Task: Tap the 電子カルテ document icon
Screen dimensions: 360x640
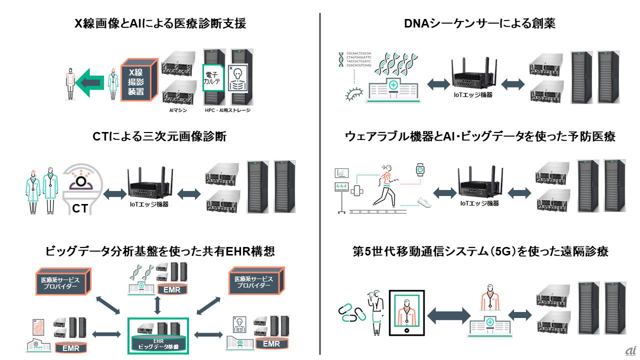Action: (x=214, y=78)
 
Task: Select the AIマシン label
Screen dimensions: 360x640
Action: (x=177, y=110)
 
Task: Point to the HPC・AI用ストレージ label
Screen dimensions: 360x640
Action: (x=227, y=110)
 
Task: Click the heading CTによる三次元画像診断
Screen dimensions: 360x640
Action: (x=159, y=136)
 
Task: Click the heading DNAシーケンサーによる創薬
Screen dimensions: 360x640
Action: (x=479, y=23)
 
